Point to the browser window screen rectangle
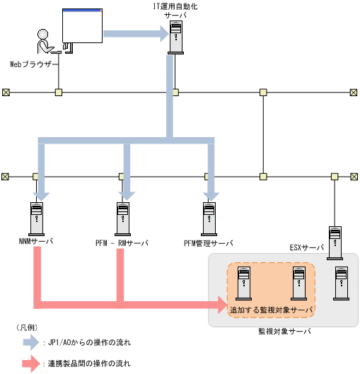coord(81,26)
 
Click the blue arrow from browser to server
coord(135,33)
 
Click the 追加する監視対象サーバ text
coord(271,310)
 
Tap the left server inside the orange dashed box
coord(244,282)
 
